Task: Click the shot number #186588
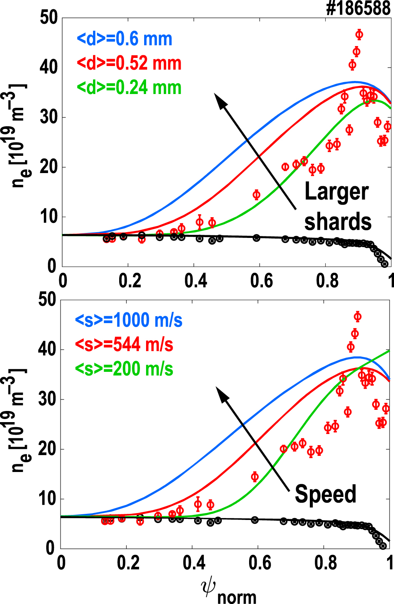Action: point(358,8)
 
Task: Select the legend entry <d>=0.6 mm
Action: point(125,39)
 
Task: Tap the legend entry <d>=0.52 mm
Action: point(129,63)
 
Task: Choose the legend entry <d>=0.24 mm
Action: point(129,87)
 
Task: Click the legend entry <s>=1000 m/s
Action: point(128,320)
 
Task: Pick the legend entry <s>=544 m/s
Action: point(124,345)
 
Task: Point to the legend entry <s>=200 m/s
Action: point(124,369)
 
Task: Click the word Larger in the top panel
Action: point(336,192)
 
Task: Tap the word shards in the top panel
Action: point(338,221)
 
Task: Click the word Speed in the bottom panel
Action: point(325,494)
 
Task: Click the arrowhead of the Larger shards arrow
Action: point(221,101)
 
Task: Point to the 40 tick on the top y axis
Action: point(49,67)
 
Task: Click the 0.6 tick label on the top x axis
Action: point(261,281)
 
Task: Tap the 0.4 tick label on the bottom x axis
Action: point(194,563)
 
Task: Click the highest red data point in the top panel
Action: point(359,35)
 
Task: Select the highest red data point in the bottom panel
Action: point(357,317)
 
